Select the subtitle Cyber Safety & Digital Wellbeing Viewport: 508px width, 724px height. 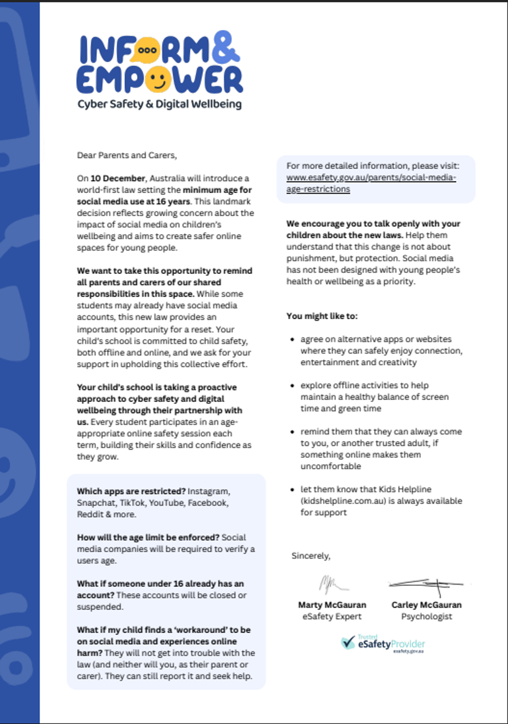coord(159,104)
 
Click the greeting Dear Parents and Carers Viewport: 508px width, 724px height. coord(127,155)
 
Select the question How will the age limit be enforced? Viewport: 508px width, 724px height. coord(148,537)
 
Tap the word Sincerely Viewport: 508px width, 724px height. coord(310,555)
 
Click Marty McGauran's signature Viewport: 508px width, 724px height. coord(333,585)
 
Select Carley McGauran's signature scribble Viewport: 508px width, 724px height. coord(426,584)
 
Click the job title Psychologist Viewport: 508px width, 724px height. coord(426,617)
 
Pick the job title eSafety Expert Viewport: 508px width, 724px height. coord(332,617)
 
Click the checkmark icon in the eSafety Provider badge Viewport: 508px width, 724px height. coord(348,643)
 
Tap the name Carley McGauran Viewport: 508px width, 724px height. coord(426,605)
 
